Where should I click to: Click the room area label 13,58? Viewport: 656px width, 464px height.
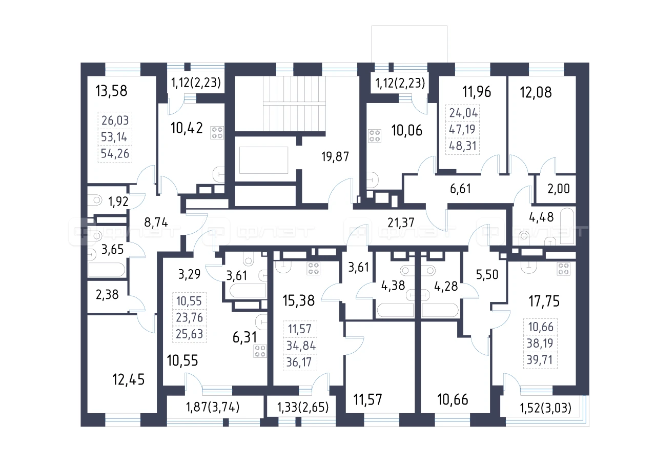pyautogui.click(x=111, y=91)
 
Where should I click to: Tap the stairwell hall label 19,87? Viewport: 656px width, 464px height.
pyautogui.click(x=335, y=157)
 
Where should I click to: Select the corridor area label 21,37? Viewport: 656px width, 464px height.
pyautogui.click(x=401, y=223)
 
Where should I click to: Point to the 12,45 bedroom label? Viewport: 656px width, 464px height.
pyautogui.click(x=129, y=379)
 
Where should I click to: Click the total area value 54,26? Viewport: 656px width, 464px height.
pyautogui.click(x=115, y=153)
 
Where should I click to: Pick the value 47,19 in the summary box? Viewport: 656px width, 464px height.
pyautogui.click(x=462, y=129)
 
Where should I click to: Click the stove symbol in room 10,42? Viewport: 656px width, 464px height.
pyautogui.click(x=217, y=132)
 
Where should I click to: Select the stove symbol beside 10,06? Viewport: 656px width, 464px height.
pyautogui.click(x=375, y=136)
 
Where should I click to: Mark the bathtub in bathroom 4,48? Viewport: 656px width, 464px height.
pyautogui.click(x=568, y=226)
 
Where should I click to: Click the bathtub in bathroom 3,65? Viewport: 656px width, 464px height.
pyautogui.click(x=107, y=270)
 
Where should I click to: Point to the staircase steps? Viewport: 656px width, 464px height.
pyautogui.click(x=294, y=104)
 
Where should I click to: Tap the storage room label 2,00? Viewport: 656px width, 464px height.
pyautogui.click(x=559, y=189)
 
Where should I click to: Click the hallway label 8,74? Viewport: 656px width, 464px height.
pyautogui.click(x=156, y=223)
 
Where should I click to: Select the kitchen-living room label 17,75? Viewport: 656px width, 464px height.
pyautogui.click(x=544, y=301)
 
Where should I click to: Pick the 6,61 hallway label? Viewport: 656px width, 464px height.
pyautogui.click(x=460, y=189)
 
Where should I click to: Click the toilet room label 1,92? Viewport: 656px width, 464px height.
pyautogui.click(x=118, y=201)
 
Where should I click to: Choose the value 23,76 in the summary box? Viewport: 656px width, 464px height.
pyautogui.click(x=190, y=317)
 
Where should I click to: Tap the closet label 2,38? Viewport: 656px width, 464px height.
pyautogui.click(x=107, y=295)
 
